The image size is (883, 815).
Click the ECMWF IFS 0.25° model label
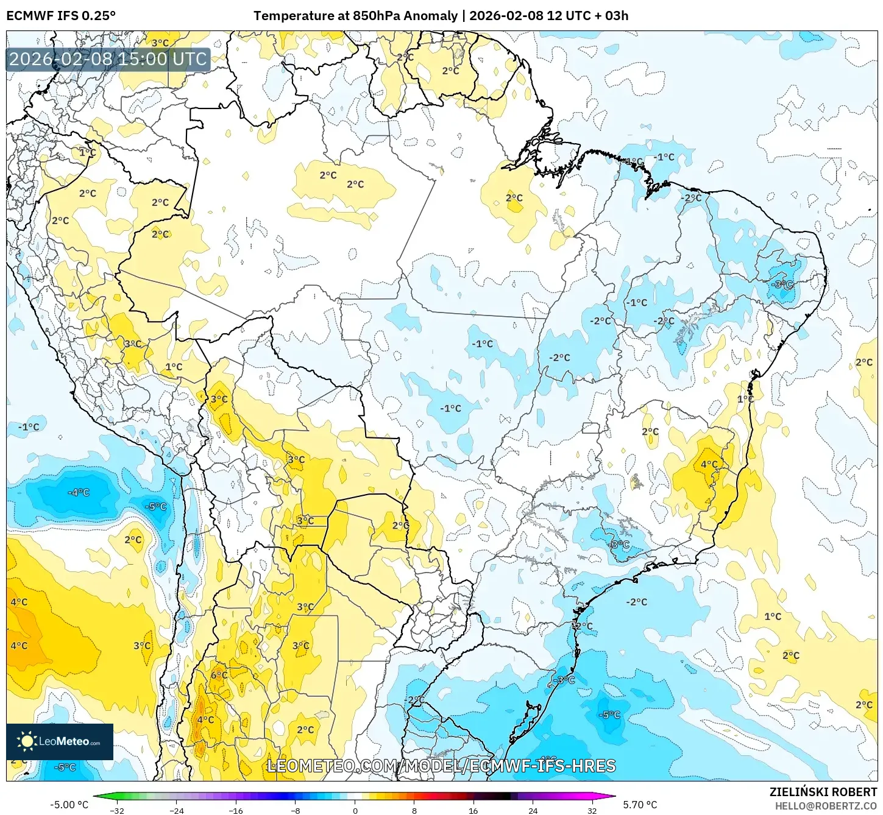(x=61, y=16)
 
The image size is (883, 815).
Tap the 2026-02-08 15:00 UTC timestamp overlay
(x=108, y=59)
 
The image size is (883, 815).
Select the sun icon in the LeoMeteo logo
(x=27, y=741)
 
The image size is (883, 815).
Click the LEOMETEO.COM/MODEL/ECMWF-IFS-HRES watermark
(x=441, y=766)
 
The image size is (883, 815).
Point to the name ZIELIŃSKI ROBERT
(x=823, y=792)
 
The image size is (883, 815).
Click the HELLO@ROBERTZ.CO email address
(x=826, y=806)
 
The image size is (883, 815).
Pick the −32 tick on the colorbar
(x=117, y=810)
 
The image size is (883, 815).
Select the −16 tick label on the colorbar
(x=236, y=810)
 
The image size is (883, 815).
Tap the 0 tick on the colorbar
(x=355, y=810)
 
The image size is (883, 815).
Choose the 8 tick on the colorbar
(x=414, y=810)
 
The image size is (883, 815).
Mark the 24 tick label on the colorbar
(x=533, y=810)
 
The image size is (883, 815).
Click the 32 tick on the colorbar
(x=592, y=810)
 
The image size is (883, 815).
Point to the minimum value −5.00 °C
(x=69, y=805)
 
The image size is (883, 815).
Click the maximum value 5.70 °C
(x=640, y=805)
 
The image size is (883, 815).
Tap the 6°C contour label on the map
(x=219, y=675)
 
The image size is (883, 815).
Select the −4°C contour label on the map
(x=79, y=492)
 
